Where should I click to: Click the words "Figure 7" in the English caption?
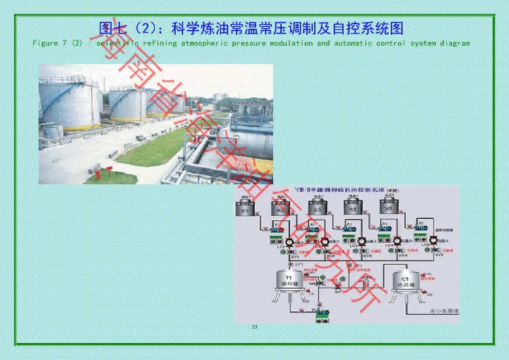click(x=50, y=43)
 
